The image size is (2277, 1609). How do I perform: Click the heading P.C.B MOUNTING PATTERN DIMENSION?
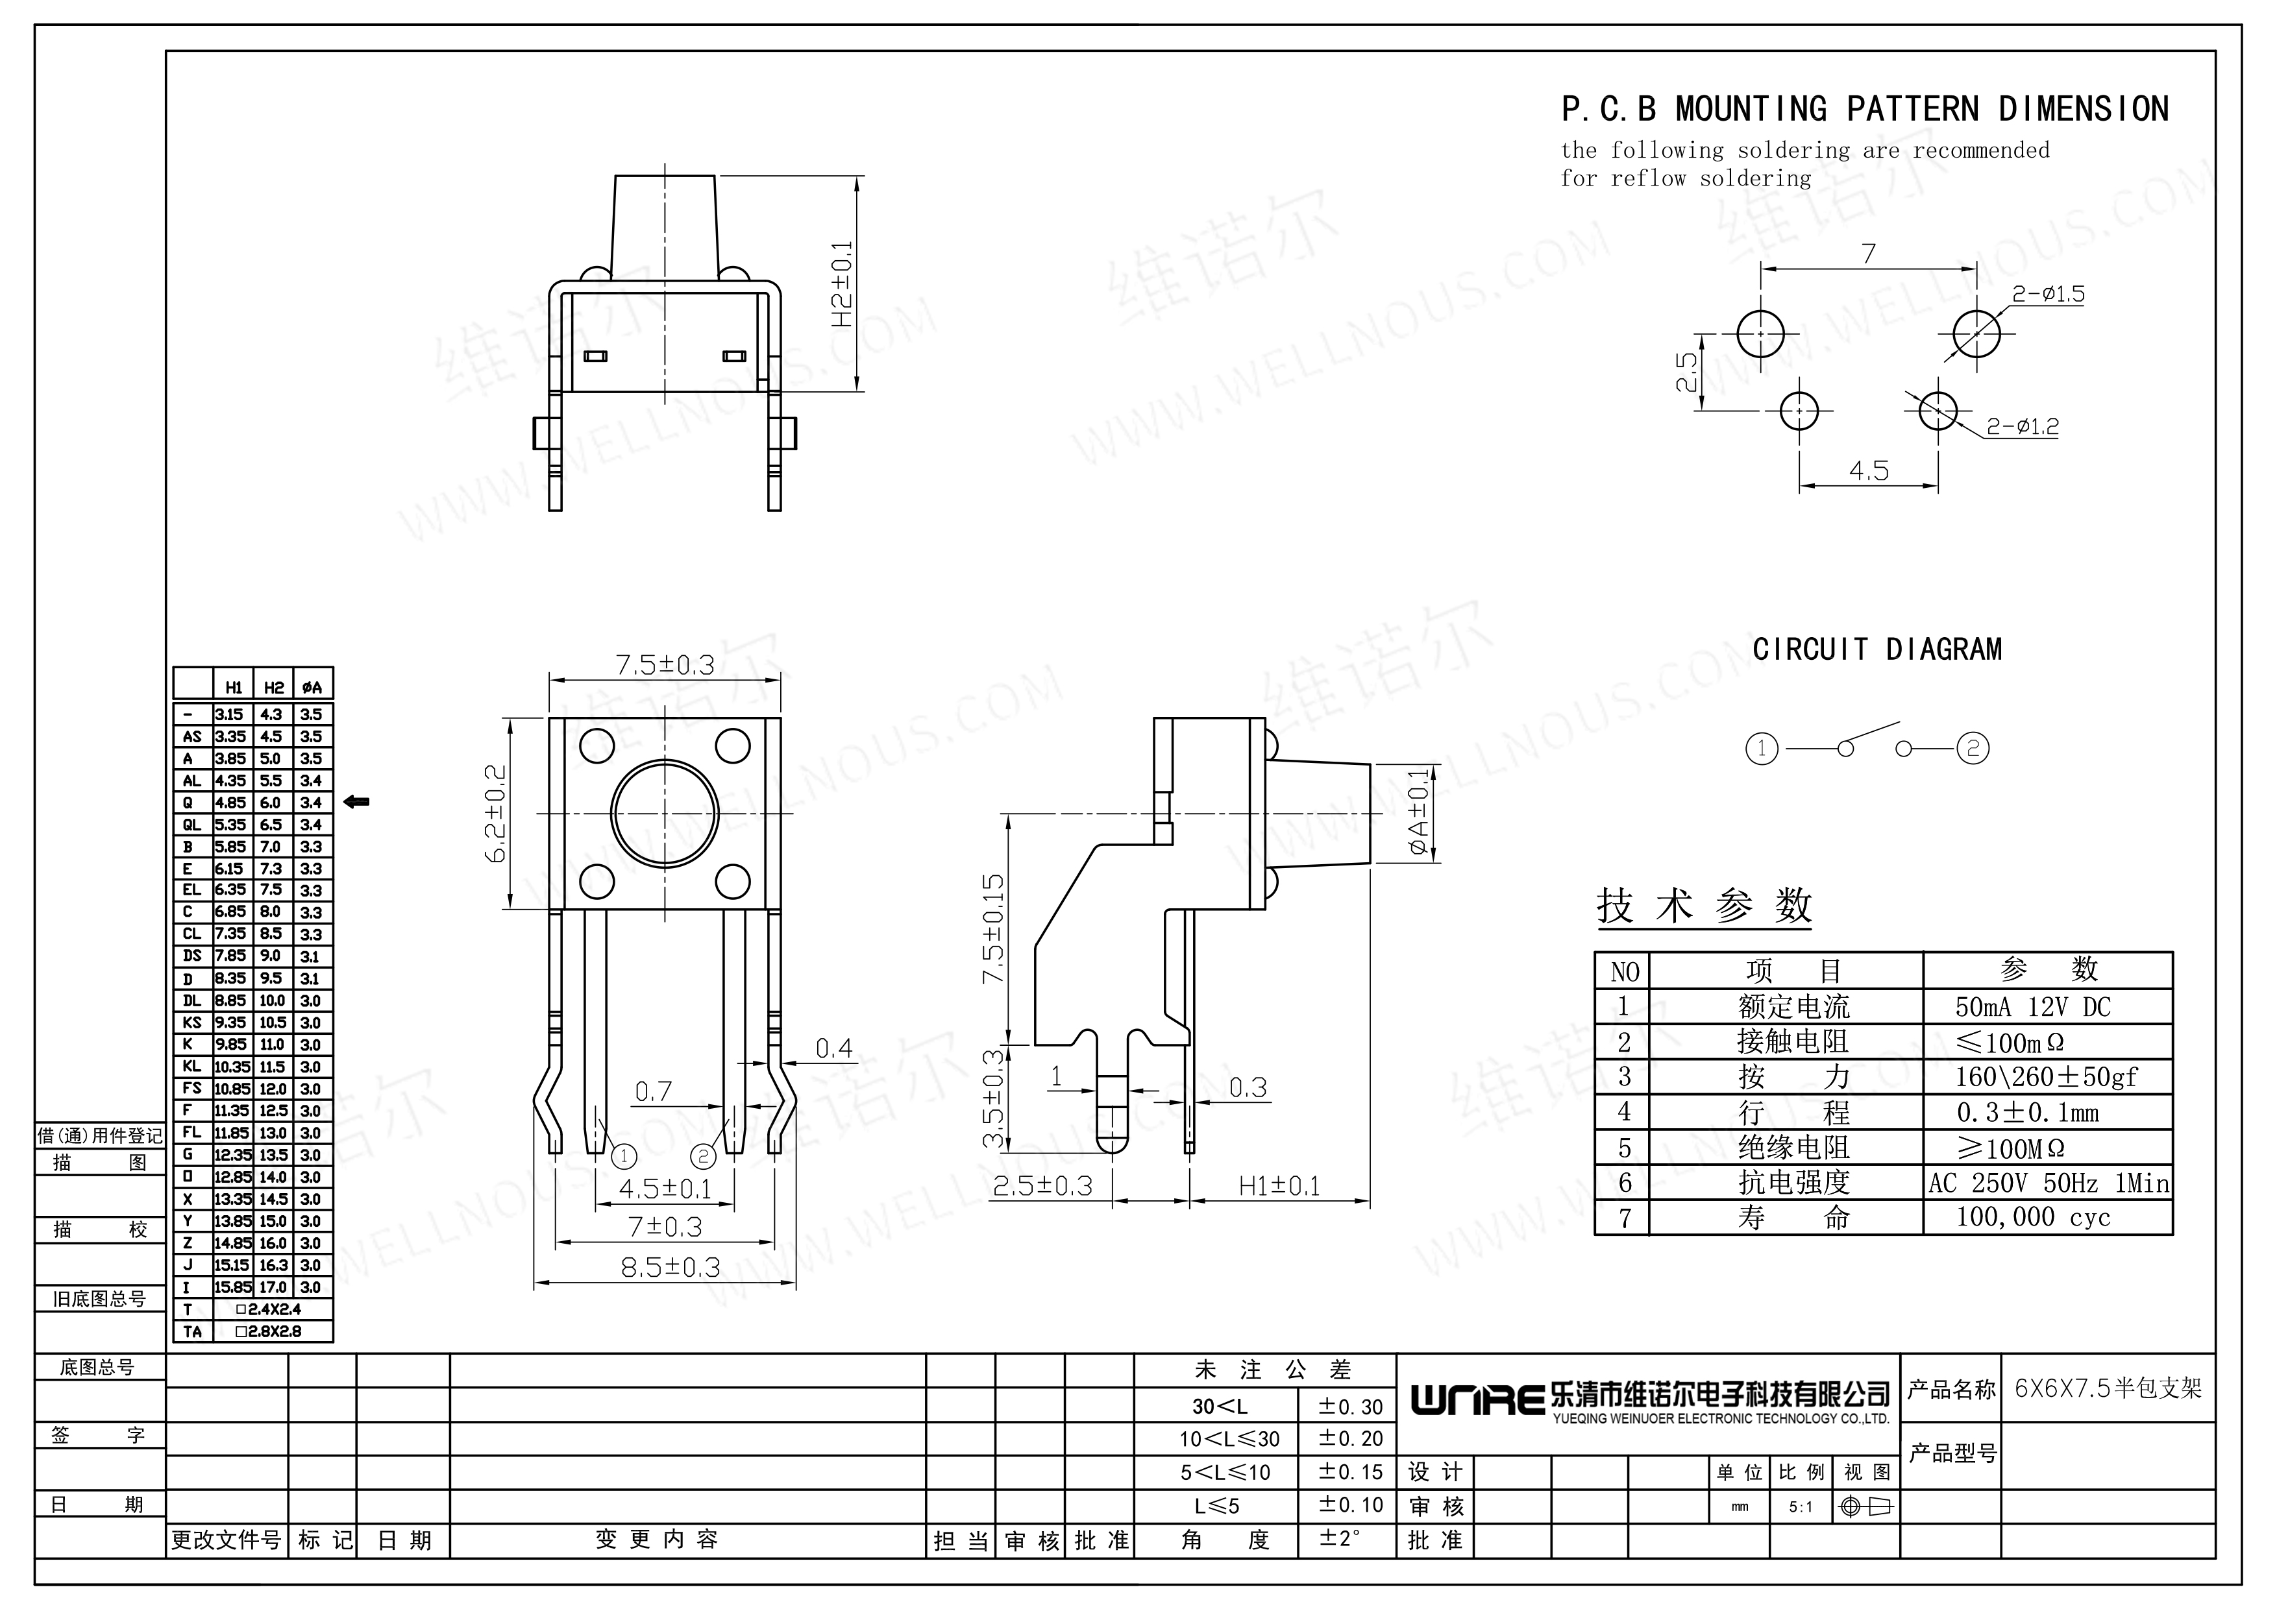click(1864, 109)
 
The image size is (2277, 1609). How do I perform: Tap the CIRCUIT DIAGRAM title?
click(1877, 649)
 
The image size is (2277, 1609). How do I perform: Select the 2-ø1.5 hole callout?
click(2048, 293)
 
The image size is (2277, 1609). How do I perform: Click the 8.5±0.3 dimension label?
click(669, 1267)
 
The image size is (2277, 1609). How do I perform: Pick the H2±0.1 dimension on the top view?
click(842, 285)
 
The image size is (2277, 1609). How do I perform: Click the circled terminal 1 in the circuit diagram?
click(1762, 749)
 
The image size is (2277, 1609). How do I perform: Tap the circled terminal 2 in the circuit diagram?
click(1973, 749)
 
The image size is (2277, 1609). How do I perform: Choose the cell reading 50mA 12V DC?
click(2033, 1007)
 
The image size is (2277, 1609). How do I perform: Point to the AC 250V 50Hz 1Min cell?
click(2048, 1183)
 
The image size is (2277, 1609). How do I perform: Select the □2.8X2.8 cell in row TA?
click(268, 1331)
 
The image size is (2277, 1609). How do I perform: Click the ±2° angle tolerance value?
click(1339, 1540)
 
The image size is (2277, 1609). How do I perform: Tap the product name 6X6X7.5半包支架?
click(2108, 1388)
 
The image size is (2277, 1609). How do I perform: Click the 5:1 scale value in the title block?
click(1801, 1508)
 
